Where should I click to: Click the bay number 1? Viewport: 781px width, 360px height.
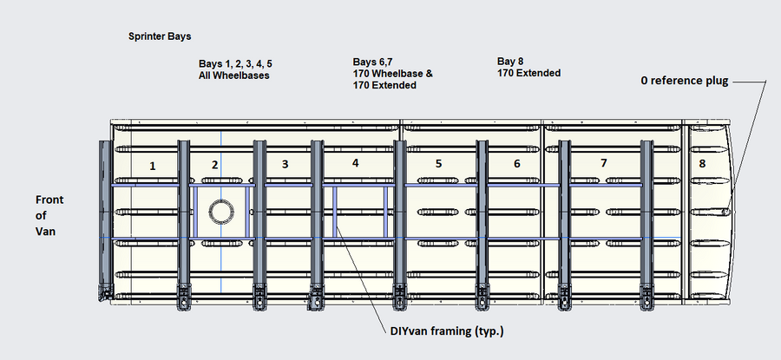pos(153,166)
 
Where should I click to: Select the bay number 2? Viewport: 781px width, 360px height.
pos(215,165)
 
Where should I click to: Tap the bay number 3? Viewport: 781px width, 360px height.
pos(285,164)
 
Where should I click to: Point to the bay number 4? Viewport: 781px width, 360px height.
pos(355,162)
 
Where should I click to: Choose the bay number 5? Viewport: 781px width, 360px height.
pos(438,163)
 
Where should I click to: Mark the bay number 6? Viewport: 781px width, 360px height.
pos(517,163)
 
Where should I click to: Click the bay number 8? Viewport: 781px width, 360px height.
pos(701,162)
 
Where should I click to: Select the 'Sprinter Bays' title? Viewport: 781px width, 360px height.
pos(159,37)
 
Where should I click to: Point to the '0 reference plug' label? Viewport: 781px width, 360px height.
pos(684,81)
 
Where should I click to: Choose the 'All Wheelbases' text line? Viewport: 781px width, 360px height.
pos(233,75)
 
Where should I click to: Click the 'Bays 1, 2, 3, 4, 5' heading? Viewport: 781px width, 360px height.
pos(241,64)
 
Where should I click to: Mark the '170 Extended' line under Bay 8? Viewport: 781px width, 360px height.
pos(528,74)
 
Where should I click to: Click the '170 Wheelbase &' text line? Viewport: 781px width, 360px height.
pos(393,74)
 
